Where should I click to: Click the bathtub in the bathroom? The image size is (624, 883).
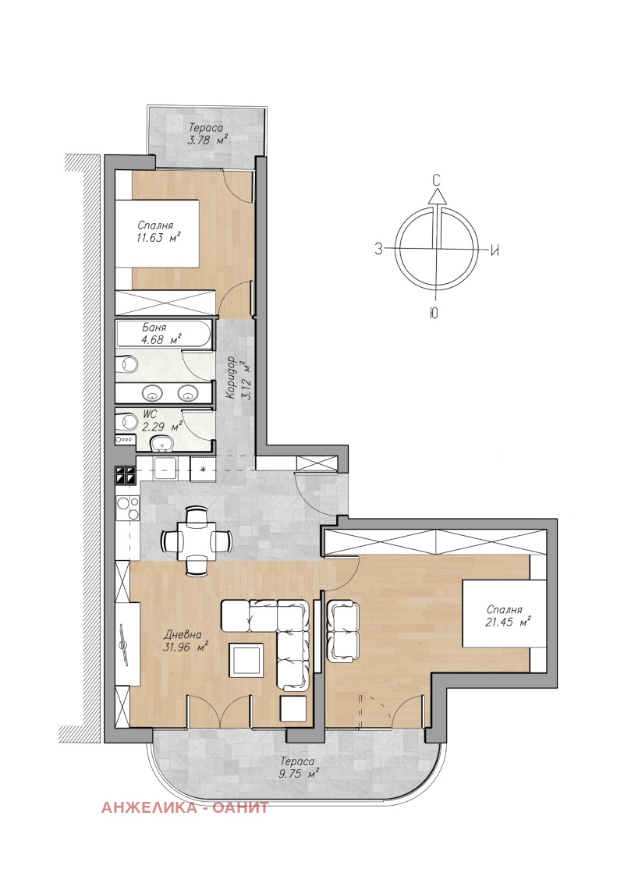tap(164, 335)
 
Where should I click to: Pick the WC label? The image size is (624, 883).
tap(148, 413)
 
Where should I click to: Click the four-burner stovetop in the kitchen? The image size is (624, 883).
tap(126, 476)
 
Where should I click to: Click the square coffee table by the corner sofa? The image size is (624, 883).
tap(247, 661)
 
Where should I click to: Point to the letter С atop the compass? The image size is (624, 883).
tap(438, 179)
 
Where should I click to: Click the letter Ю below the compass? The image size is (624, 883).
tap(434, 315)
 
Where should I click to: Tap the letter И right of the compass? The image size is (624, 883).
tap(495, 250)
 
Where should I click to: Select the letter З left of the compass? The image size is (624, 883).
tap(378, 250)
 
